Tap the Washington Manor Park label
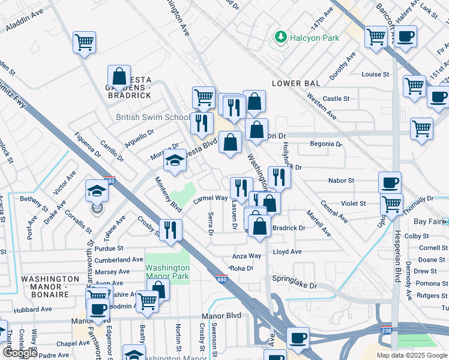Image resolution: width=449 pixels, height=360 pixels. [167, 273]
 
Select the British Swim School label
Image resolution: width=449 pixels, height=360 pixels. [152, 118]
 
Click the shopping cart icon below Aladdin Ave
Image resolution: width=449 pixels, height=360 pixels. [85, 43]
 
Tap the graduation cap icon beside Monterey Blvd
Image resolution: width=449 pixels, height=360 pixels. [175, 160]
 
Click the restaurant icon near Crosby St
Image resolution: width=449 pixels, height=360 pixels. [170, 230]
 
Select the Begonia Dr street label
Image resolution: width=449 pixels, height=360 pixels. [325, 144]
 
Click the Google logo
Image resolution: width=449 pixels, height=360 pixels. [20, 353]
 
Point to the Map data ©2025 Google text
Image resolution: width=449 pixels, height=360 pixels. [412, 355]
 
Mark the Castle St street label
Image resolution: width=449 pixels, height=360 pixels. [336, 98]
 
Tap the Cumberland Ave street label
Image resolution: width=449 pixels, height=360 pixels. [118, 260]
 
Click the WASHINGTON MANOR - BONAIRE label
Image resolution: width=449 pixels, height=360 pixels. [50, 283]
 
